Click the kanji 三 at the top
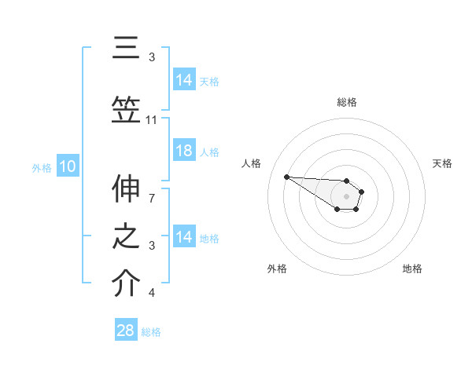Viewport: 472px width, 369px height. pos(125,48)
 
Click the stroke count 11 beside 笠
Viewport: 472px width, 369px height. pos(152,120)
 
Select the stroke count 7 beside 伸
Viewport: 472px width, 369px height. pos(152,189)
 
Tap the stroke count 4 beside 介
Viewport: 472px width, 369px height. pos(152,293)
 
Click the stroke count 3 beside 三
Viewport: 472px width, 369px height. pos(152,57)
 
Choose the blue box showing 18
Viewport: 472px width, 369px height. pos(184,151)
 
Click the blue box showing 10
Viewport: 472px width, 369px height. pos(67,166)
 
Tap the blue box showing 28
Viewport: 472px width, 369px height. pos(126,331)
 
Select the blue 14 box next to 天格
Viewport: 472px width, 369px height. pos(184,80)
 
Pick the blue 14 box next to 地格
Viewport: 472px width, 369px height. pos(184,237)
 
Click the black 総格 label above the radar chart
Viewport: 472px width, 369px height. pos(346,102)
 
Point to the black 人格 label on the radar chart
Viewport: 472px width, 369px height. pos(252,163)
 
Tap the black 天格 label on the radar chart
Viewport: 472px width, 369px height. pos(442,163)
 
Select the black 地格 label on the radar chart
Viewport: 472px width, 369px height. pos(412,269)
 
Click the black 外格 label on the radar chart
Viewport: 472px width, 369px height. pos(277,269)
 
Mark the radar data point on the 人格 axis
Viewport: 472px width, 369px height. pos(286,177)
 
